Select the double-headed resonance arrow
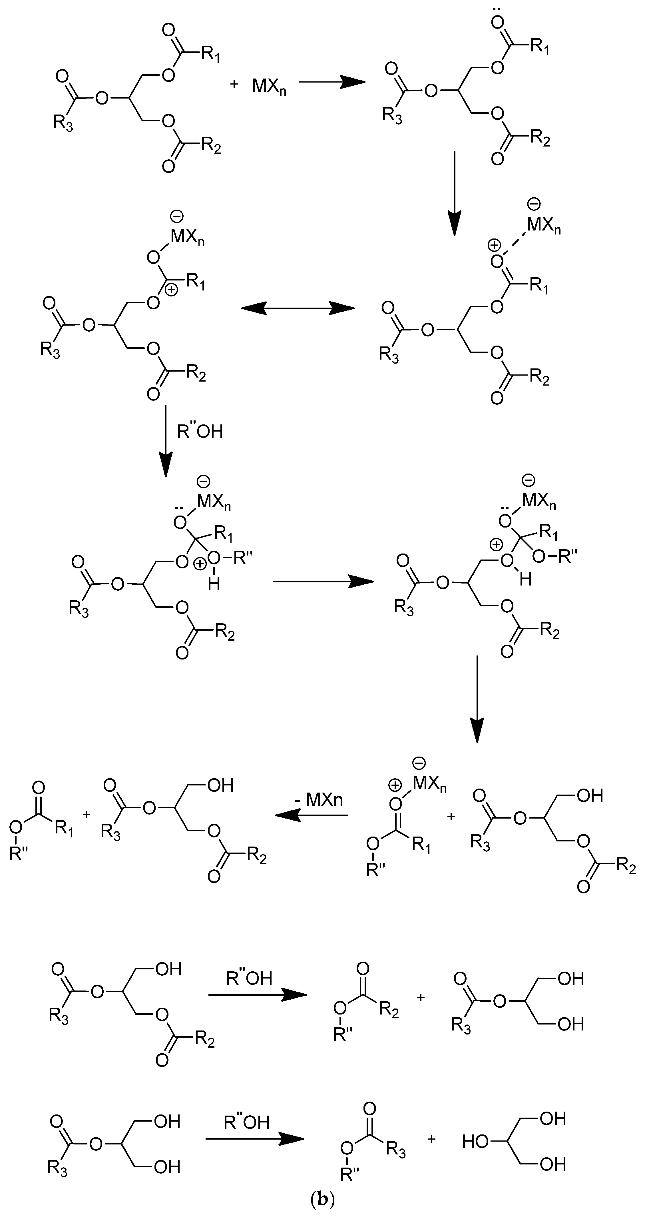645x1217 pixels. pyautogui.click(x=298, y=308)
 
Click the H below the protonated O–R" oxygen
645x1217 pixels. pyautogui.click(x=214, y=584)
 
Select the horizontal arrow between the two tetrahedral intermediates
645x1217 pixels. pyautogui.click(x=323, y=582)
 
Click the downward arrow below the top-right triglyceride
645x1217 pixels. pyautogui.click(x=454, y=193)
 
